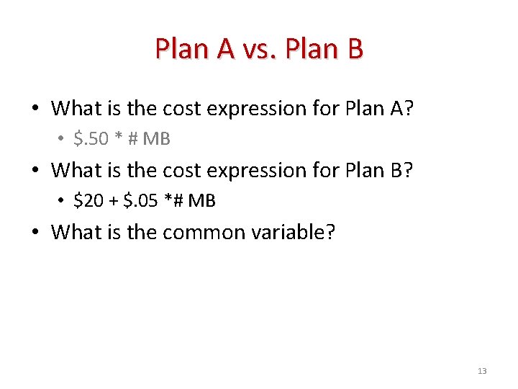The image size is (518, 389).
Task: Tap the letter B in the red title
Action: [x=355, y=49]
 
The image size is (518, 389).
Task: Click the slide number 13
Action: [x=482, y=371]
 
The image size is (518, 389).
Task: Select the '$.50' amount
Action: [x=91, y=138]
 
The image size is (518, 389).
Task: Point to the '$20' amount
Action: [x=88, y=200]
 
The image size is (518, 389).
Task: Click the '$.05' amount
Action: [x=141, y=200]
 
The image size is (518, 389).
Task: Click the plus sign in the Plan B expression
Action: [x=114, y=200]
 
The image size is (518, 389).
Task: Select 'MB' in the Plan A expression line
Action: [x=156, y=138]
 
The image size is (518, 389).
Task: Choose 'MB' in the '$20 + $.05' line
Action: [x=201, y=200]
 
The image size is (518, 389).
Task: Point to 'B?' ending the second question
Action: [x=402, y=171]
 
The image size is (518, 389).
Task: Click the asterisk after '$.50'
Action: [x=119, y=137]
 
